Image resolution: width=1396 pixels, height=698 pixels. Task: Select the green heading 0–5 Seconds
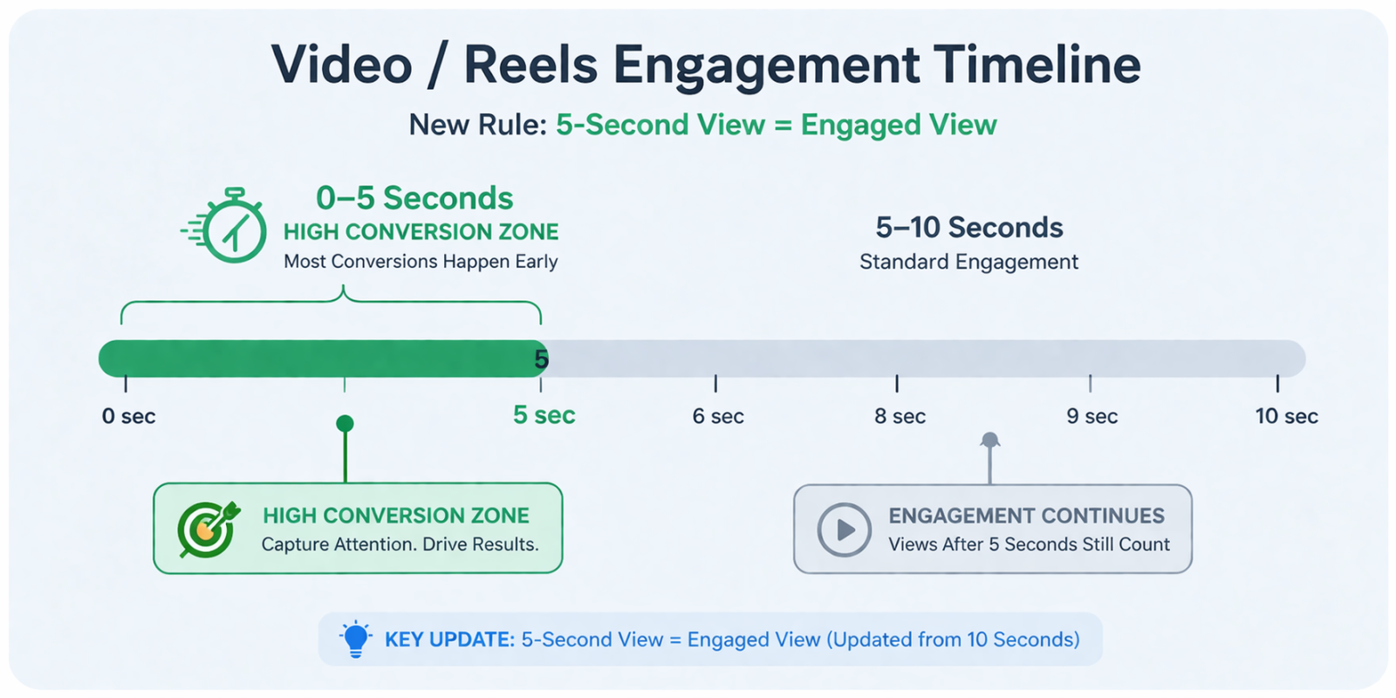[x=414, y=198]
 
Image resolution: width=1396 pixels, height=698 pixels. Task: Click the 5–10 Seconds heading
[x=968, y=228]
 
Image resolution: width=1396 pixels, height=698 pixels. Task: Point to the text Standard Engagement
[x=968, y=262]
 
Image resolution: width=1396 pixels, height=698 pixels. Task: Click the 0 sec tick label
[x=128, y=416]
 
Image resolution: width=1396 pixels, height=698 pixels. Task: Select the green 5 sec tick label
[x=544, y=415]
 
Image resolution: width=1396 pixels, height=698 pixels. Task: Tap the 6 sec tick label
[x=718, y=416]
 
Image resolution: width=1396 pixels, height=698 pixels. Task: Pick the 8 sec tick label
[x=900, y=416]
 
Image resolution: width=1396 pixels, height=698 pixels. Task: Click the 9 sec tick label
[x=1091, y=416]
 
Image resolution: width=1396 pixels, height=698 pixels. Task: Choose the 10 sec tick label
[x=1286, y=416]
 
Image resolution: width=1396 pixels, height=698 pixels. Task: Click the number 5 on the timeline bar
[x=541, y=359]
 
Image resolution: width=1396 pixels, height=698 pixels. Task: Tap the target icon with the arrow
[x=207, y=528]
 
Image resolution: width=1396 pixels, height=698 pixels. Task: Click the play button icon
[x=844, y=529]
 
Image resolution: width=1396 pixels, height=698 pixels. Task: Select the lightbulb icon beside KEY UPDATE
[x=355, y=639]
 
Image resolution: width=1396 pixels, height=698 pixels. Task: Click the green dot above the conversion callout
[x=345, y=424]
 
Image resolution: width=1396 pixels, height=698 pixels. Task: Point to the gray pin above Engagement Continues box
[x=989, y=441]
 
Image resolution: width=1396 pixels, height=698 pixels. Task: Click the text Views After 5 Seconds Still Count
[x=1029, y=544]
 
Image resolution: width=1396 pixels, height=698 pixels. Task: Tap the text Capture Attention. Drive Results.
[x=400, y=544]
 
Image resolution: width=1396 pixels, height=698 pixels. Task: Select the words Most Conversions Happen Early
[x=421, y=262]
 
